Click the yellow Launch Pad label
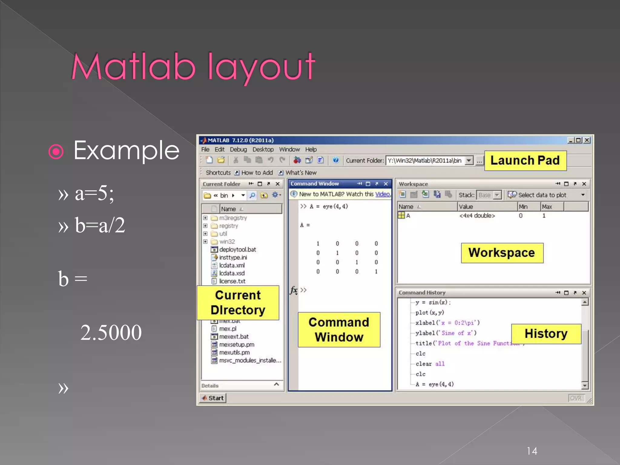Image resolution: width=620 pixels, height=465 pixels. [525, 160]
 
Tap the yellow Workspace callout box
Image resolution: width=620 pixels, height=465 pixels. [502, 253]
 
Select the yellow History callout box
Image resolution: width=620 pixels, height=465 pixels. [546, 334]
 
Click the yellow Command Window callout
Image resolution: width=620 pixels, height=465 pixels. [339, 329]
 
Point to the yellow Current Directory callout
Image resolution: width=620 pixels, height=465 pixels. [238, 302]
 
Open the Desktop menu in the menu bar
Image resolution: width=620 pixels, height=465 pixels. [263, 149]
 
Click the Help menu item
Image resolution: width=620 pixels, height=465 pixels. [311, 149]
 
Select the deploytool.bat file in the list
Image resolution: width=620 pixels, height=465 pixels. [237, 249]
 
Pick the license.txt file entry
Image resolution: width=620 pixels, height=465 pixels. [232, 281]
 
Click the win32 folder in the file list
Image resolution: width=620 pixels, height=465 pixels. [227, 242]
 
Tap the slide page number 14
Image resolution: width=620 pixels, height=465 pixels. [532, 451]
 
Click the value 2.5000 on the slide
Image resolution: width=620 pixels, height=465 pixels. [111, 332]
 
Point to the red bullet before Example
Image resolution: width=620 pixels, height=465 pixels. [56, 151]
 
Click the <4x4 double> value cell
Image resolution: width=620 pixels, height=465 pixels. [477, 216]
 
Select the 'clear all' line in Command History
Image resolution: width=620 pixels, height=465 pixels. [430, 364]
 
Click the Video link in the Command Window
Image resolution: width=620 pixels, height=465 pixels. [382, 194]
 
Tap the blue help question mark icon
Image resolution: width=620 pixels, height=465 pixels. [335, 160]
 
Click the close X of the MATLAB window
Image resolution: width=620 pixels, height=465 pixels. [587, 140]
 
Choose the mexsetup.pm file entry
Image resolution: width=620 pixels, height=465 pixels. [236, 345]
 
